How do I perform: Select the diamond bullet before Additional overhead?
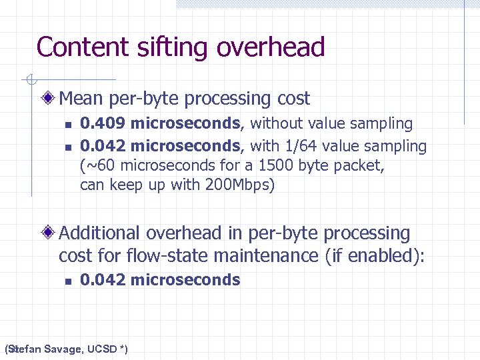pyautogui.click(x=49, y=233)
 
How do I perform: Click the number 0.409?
pyautogui.click(x=103, y=123)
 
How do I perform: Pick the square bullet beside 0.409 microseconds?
pyautogui.click(x=67, y=125)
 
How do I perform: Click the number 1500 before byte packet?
pyautogui.click(x=280, y=165)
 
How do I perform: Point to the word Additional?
pyautogui.click(x=100, y=233)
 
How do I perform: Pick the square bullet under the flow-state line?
pyautogui.click(x=67, y=281)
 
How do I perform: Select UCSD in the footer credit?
pyautogui.click(x=102, y=349)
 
